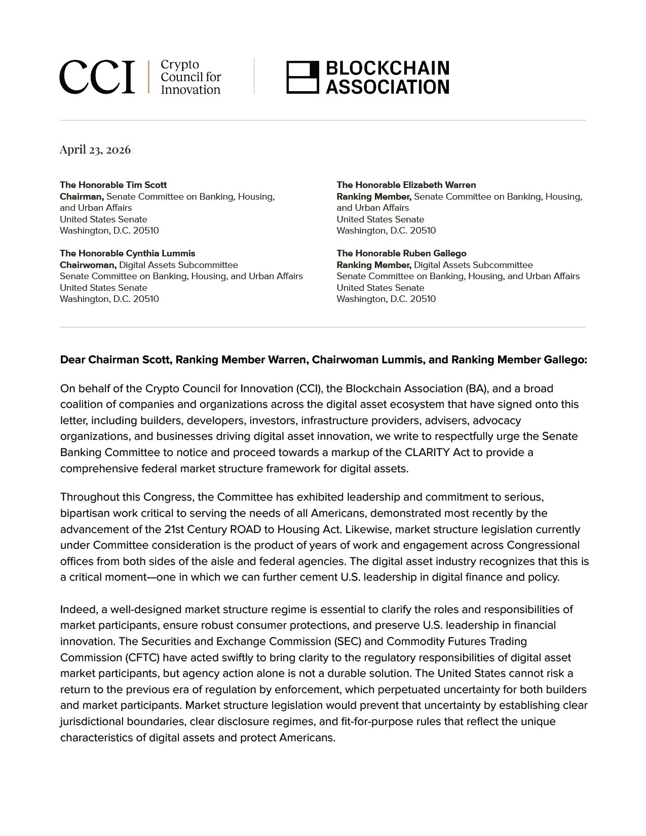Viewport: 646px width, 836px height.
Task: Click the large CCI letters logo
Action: pyautogui.click(x=98, y=77)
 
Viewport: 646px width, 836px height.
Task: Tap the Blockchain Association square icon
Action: pyautogui.click(x=302, y=77)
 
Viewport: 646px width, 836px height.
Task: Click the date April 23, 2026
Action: pyautogui.click(x=95, y=149)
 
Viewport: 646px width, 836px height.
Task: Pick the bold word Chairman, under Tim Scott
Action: pyautogui.click(x=82, y=197)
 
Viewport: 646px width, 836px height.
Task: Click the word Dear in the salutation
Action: pyautogui.click(x=72, y=360)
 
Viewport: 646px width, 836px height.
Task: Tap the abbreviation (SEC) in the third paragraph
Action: pyautogui.click(x=348, y=641)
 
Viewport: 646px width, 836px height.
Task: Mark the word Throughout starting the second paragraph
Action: pyautogui.click(x=88, y=497)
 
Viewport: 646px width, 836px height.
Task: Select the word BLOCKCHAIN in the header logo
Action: pyautogui.click(x=387, y=68)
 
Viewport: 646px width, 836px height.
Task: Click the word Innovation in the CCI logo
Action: pyautogui.click(x=191, y=90)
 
